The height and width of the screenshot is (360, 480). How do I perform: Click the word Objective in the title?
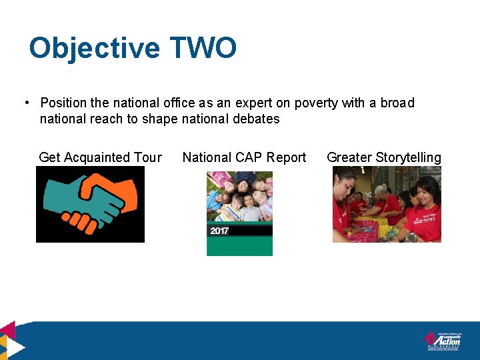(95, 49)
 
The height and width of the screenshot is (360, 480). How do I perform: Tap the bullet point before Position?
(25, 103)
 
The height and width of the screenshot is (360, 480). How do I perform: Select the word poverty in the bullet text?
(315, 103)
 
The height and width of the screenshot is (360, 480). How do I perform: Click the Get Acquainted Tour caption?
(100, 157)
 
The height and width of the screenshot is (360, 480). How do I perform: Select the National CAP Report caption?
(244, 157)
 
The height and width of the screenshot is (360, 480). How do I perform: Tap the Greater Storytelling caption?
(384, 157)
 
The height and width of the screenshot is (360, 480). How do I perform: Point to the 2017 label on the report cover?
(219, 231)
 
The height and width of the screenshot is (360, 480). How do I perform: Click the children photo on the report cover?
(239, 196)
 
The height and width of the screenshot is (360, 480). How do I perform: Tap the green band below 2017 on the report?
(239, 246)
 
